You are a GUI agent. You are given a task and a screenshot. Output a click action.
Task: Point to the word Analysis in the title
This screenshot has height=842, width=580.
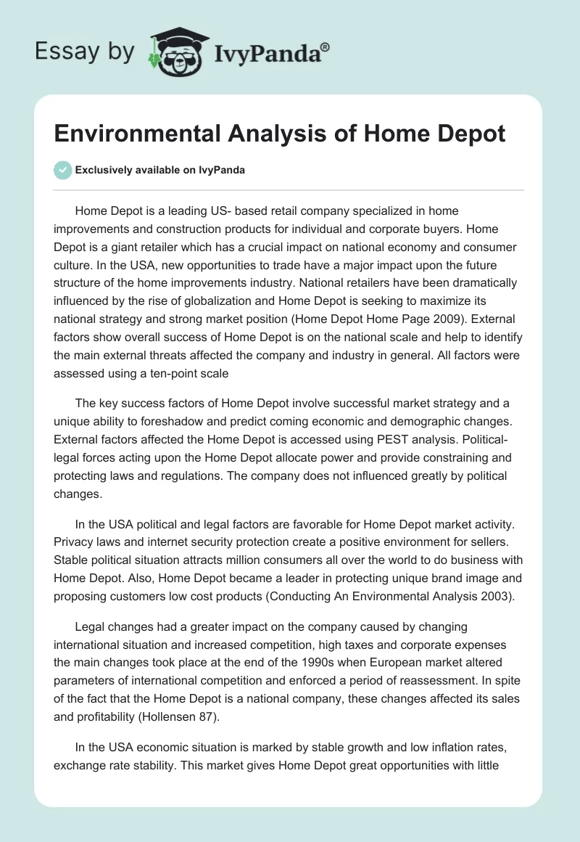coord(270,134)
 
